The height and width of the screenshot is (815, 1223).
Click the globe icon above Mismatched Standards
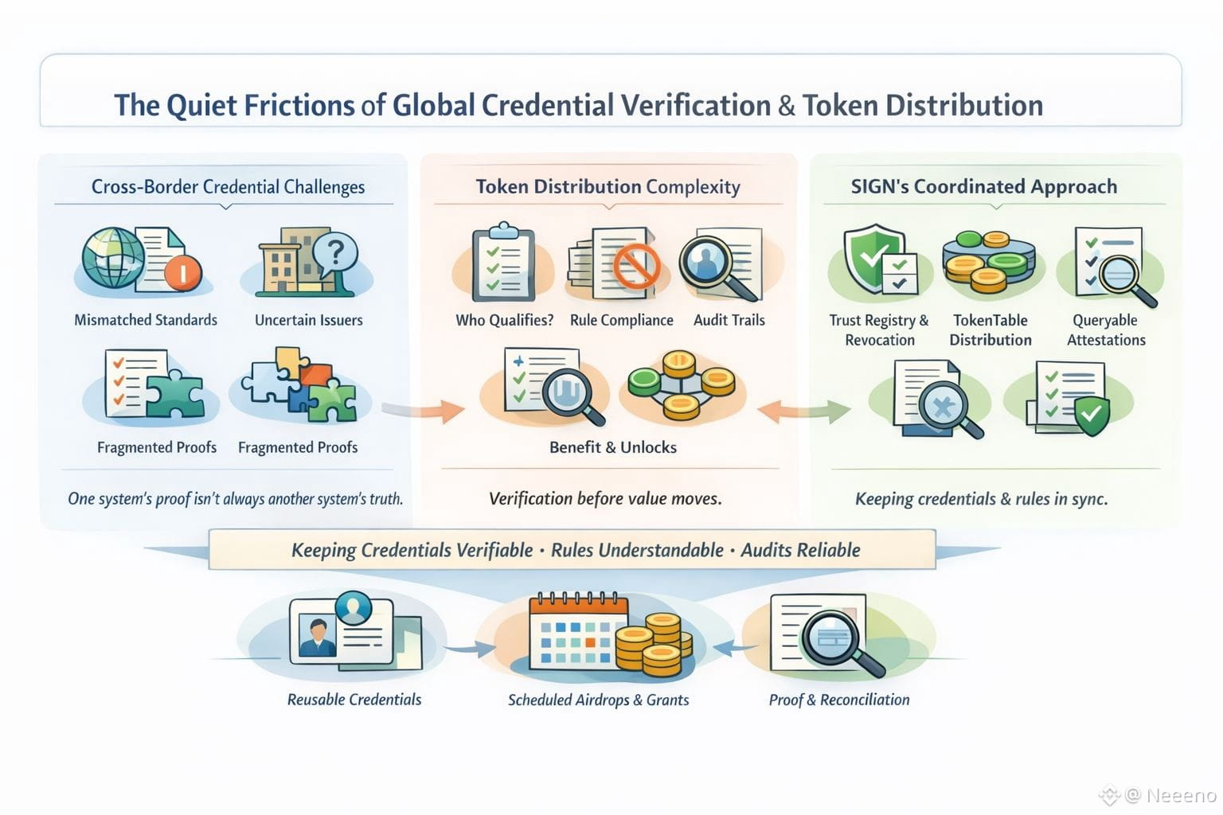click(x=113, y=257)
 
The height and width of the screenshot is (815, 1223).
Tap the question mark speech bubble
click(x=335, y=252)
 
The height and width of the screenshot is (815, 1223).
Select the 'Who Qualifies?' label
click(x=504, y=320)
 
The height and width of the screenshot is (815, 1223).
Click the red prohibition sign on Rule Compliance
click(x=636, y=265)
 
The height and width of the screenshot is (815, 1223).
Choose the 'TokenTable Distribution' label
click(x=991, y=330)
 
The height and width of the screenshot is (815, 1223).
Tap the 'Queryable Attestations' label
click(x=1106, y=330)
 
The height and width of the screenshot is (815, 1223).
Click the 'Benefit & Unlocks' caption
click(x=612, y=447)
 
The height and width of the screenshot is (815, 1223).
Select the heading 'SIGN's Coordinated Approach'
click(x=983, y=186)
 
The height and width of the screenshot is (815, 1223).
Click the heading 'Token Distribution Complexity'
click(x=608, y=186)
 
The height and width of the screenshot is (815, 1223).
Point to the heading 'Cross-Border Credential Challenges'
click(x=228, y=187)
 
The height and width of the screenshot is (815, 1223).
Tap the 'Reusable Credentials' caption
click(x=354, y=700)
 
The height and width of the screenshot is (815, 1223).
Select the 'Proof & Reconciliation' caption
click(x=838, y=700)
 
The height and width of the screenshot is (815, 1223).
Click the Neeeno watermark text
click(x=1181, y=794)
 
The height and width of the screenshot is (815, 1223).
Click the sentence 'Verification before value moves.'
click(x=605, y=499)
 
